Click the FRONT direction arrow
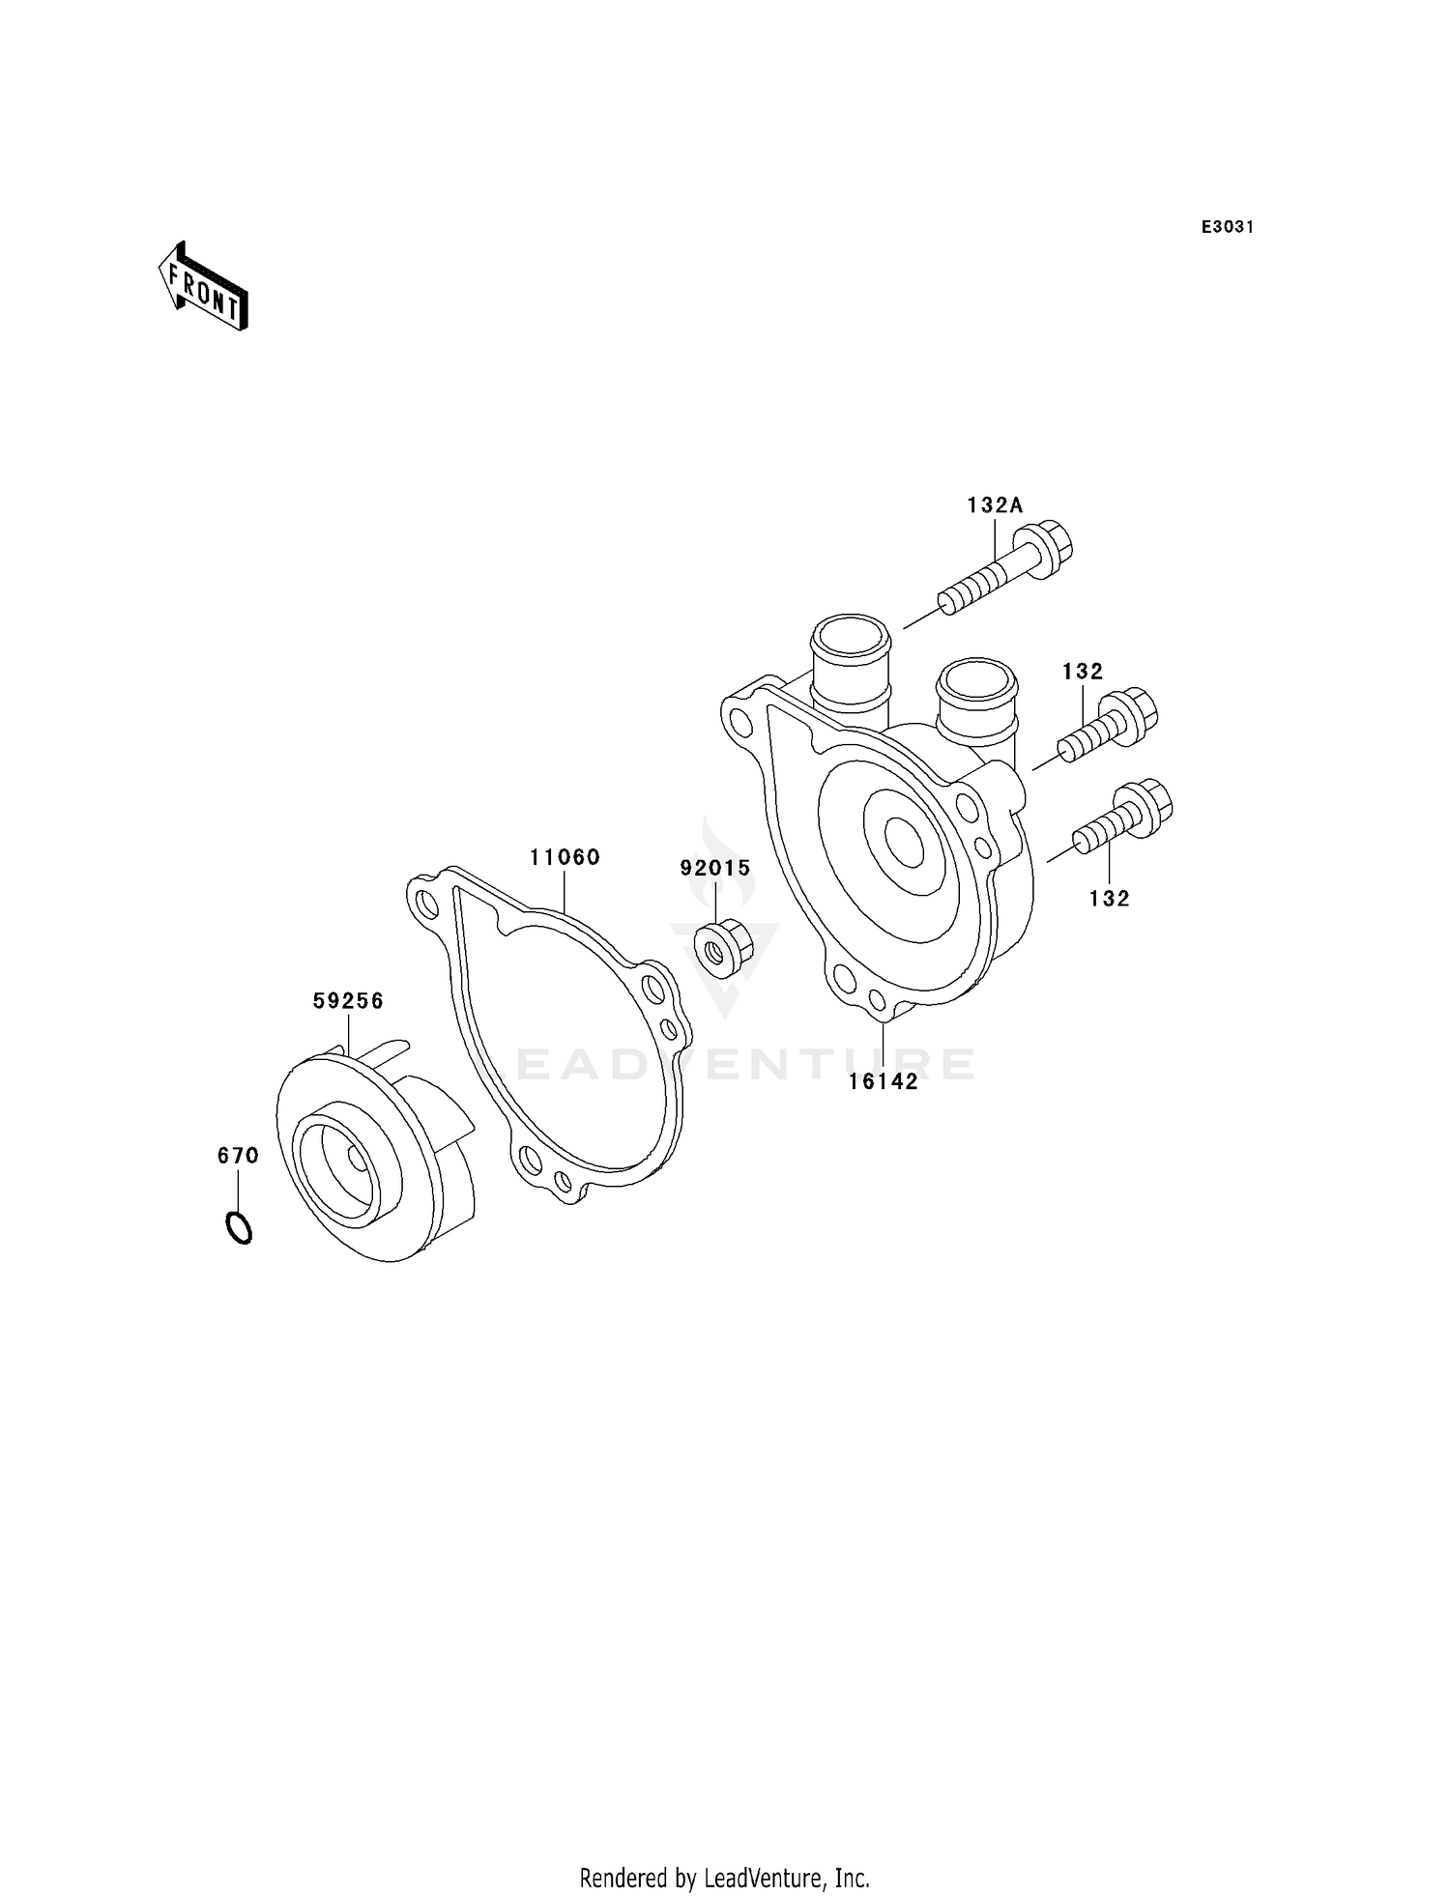coord(203,287)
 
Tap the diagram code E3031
coord(1228,227)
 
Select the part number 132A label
coord(995,504)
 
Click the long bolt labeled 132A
coord(1005,575)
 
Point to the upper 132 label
coord(1083,672)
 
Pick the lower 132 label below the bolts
coord(1109,899)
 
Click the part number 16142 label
coord(884,1082)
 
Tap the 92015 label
coord(715,868)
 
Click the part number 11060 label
coord(565,857)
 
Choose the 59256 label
coord(348,1001)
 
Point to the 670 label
coord(238,1156)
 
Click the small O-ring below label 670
coord(239,1228)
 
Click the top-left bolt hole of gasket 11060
coord(424,903)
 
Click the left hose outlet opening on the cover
coord(850,637)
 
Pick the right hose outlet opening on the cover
coord(976,681)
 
